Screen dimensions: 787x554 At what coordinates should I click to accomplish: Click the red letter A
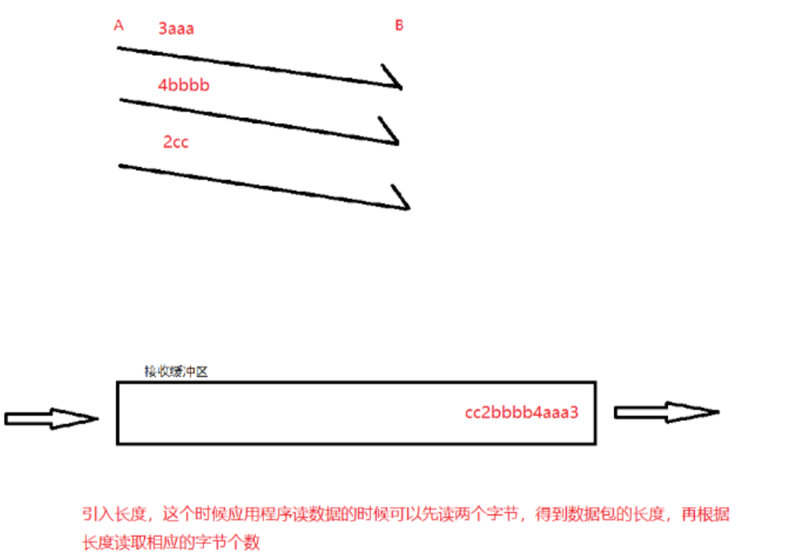[x=119, y=26]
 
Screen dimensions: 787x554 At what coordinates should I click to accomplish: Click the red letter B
[x=399, y=26]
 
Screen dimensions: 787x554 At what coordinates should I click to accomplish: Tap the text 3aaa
[x=176, y=29]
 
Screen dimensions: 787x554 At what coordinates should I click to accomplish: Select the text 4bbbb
[x=184, y=85]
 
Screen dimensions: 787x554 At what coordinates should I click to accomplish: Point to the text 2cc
[x=176, y=142]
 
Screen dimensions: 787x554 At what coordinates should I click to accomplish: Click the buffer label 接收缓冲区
[x=177, y=371]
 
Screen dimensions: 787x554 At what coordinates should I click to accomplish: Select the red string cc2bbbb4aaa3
[x=521, y=412]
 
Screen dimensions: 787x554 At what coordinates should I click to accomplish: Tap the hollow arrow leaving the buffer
[x=666, y=412]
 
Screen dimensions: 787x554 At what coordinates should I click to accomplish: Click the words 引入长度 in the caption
[x=110, y=515]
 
